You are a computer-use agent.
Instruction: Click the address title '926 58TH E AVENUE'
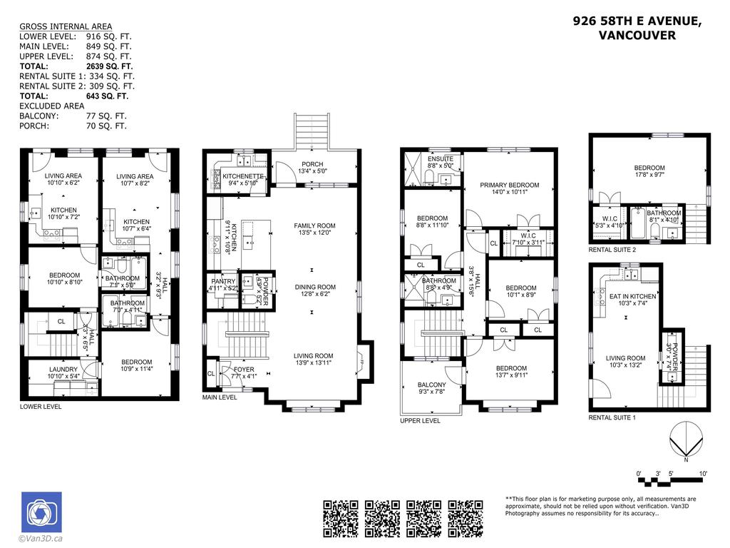click(x=637, y=21)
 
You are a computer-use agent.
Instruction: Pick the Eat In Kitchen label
click(x=627, y=299)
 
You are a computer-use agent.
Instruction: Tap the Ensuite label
click(x=439, y=162)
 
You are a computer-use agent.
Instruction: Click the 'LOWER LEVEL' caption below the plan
click(x=41, y=407)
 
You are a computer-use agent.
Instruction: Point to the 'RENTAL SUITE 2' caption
click(x=612, y=250)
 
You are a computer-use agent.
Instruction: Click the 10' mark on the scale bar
click(x=703, y=473)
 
